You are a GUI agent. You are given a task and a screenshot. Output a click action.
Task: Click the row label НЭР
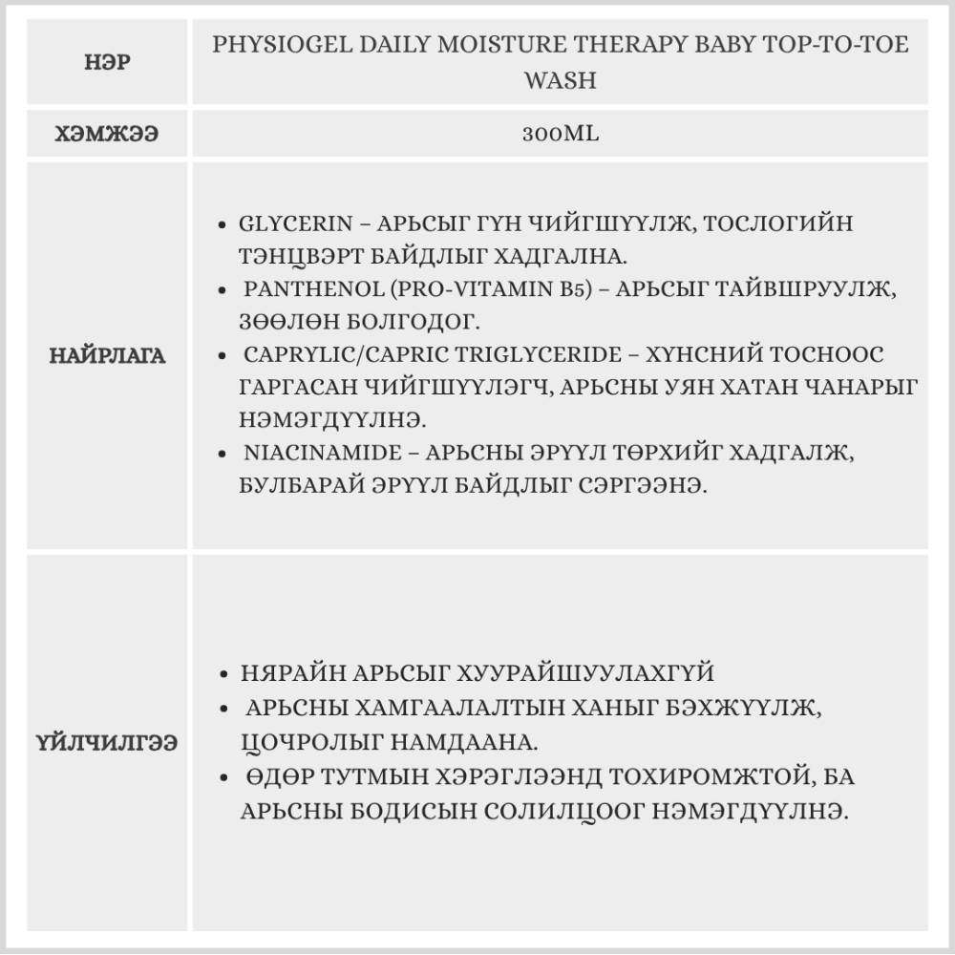click(x=107, y=62)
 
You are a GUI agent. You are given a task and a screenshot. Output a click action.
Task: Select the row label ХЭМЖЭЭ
click(x=107, y=134)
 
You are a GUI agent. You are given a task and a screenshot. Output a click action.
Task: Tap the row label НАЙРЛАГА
click(x=107, y=356)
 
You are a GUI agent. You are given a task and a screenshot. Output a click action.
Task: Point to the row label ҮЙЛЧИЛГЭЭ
click(x=107, y=742)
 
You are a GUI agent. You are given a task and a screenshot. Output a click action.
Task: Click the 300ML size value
click(x=561, y=134)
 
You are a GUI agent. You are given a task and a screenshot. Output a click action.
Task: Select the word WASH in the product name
click(x=561, y=80)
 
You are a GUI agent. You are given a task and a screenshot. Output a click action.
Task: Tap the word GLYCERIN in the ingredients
click(x=290, y=224)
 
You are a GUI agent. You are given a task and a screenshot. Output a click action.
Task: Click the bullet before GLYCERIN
click(x=222, y=226)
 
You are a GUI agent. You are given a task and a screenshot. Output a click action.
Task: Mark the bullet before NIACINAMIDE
click(x=222, y=455)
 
